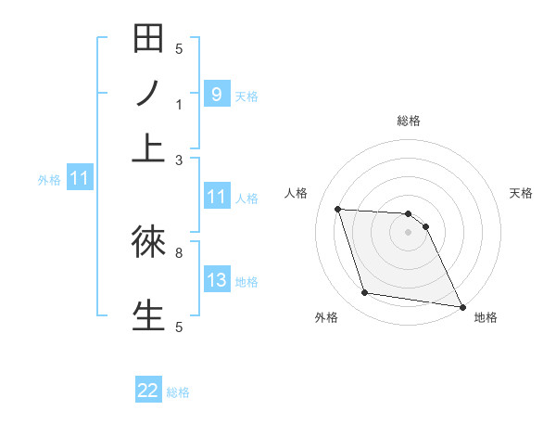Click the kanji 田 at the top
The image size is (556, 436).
(x=148, y=42)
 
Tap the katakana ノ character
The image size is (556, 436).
(x=148, y=96)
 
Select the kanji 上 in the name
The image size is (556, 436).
(x=148, y=148)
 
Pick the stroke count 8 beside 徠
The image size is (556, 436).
(x=179, y=251)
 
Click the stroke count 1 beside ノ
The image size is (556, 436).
(x=179, y=105)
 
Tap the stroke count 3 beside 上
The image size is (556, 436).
(x=179, y=160)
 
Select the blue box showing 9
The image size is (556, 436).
(x=216, y=94)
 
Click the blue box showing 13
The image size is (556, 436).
(x=216, y=280)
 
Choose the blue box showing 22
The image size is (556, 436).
(x=148, y=391)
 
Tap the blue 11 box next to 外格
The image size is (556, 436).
(x=79, y=178)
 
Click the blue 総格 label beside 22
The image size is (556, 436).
(x=178, y=392)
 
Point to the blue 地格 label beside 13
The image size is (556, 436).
(x=246, y=282)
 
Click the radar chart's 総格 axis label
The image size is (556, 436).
(x=408, y=121)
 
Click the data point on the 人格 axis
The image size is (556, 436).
(x=338, y=210)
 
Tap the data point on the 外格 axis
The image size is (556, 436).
(x=365, y=293)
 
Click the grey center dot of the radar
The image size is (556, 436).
(x=408, y=232)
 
